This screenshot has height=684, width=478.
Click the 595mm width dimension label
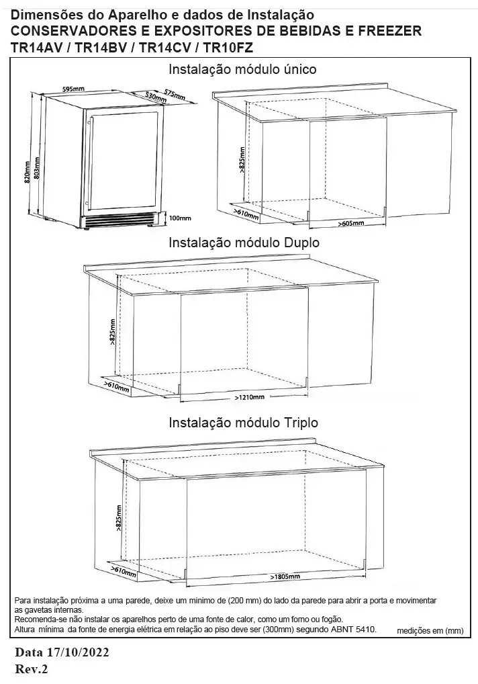[x=74, y=89]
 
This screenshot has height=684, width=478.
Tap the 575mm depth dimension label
[x=175, y=94]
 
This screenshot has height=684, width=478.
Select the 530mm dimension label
[x=156, y=97]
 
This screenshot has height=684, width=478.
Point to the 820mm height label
[x=28, y=172]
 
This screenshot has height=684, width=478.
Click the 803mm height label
[x=37, y=167]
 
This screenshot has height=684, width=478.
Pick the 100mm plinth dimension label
[x=179, y=218]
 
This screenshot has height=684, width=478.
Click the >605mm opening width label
[x=351, y=223]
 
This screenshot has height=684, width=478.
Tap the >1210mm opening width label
[x=250, y=397]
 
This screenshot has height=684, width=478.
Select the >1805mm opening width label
[x=285, y=576]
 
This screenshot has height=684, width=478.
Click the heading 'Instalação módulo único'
[x=242, y=69]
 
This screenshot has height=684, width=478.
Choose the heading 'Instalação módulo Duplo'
[x=244, y=243]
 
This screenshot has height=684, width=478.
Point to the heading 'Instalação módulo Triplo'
[x=243, y=423]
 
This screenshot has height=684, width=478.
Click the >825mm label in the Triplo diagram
[x=119, y=519]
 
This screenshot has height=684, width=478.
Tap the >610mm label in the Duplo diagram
[x=116, y=386]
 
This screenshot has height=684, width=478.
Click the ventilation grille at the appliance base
[x=119, y=218]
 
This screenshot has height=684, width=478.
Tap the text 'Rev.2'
[x=32, y=669]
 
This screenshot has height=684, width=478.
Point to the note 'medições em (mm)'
[x=430, y=631]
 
